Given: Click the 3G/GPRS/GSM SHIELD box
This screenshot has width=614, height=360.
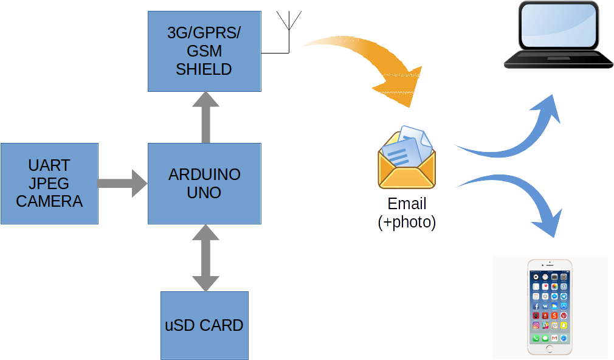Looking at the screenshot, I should tap(204, 51).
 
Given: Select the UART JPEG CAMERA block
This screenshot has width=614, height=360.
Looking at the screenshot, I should tap(49, 184).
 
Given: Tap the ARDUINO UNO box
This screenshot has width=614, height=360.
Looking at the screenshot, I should tap(204, 184).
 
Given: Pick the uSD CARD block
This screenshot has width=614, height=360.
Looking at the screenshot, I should tap(204, 325).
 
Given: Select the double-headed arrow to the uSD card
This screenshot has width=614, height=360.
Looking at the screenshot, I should tap(205, 257).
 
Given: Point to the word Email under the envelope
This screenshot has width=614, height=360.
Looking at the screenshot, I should tap(407, 204).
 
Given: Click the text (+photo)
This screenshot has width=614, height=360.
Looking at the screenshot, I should tap(407, 223).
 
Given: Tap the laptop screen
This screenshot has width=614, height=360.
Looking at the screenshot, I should tap(558, 26).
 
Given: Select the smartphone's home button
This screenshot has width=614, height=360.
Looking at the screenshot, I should tap(550, 349).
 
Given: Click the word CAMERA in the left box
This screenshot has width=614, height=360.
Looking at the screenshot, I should tap(49, 201).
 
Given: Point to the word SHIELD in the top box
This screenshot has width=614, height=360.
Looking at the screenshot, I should tap(204, 69).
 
